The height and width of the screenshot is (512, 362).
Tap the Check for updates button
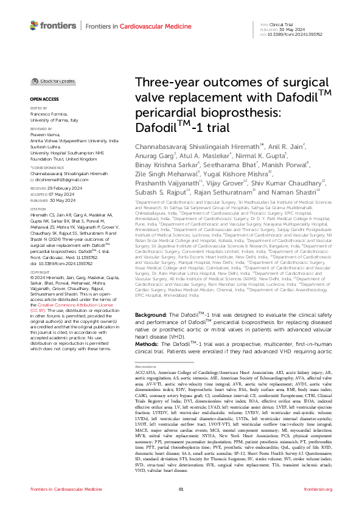point(49,81)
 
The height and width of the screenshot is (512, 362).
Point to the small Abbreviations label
point(145,367)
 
